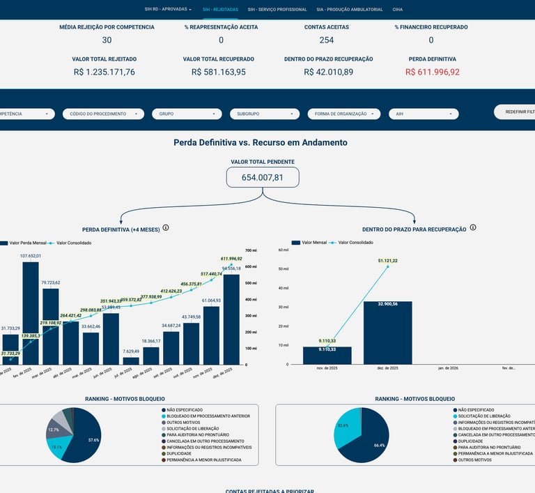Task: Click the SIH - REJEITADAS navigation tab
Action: point(220,10)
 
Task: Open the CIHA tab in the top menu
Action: point(397,10)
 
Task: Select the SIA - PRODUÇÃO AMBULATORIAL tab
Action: point(349,10)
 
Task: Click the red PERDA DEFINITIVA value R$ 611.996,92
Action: point(432,72)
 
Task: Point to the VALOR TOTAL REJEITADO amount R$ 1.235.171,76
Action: point(104,72)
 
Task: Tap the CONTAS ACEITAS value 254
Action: point(326,40)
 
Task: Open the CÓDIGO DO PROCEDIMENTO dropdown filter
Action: point(102,114)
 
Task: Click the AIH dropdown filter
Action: point(424,114)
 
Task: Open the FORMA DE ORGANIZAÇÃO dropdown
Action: point(344,114)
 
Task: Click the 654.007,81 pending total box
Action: point(263,177)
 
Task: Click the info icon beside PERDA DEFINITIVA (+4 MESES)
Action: point(166,228)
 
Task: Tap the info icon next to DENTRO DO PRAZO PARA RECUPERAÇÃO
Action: point(473,228)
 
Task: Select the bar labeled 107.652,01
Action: point(31,314)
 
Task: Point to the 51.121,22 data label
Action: point(388,261)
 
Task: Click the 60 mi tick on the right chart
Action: point(284,250)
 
